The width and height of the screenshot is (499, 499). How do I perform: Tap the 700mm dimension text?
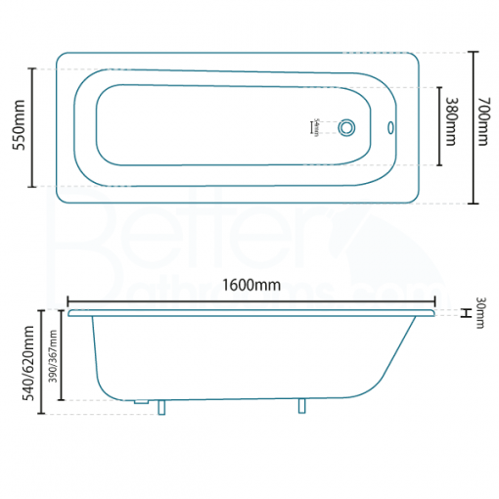point(482,126)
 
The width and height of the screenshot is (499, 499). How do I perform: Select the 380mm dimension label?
point(451,122)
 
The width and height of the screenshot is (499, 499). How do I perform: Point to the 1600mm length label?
point(251,285)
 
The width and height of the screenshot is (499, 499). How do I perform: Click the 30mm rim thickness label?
point(480,313)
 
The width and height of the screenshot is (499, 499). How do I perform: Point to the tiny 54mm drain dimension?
point(315,126)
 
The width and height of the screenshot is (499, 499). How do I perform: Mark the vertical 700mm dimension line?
point(473,126)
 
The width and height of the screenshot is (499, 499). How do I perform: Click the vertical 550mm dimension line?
point(33,126)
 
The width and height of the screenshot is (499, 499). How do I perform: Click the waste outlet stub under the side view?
point(141,402)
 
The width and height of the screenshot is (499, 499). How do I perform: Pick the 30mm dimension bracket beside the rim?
point(464,313)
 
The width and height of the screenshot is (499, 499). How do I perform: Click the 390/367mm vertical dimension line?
point(62,356)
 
